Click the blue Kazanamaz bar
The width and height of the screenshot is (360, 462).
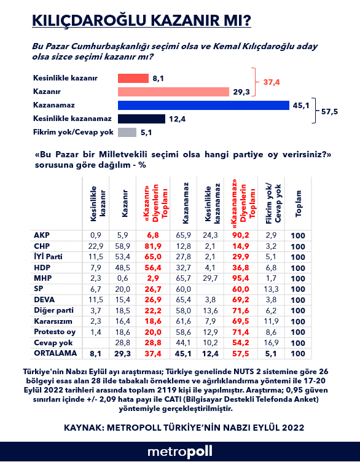[203, 105]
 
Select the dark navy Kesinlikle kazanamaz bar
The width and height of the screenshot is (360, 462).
[141, 119]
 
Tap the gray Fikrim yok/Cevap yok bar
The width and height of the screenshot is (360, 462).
[127, 132]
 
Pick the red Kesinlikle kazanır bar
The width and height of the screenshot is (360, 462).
[133, 79]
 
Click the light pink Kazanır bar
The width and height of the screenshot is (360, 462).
[173, 92]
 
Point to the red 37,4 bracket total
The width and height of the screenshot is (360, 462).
[272, 82]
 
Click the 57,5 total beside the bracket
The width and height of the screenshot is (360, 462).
[330, 112]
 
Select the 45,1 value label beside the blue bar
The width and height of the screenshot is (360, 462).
[301, 106]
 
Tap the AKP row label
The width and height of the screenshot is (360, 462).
[42, 235]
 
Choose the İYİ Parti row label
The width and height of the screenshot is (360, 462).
[48, 257]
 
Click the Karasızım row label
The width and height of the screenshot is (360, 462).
[53, 321]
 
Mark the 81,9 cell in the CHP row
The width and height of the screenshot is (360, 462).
[153, 246]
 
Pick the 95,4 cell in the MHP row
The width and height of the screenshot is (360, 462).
[240, 278]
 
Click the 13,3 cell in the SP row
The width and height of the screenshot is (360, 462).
[271, 289]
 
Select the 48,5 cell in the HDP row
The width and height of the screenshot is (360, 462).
[122, 268]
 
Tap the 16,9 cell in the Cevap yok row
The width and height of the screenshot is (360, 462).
[271, 343]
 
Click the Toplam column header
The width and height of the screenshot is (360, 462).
[299, 203]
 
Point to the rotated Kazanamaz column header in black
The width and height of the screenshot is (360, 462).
[186, 203]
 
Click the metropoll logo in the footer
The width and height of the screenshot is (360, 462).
[180, 452]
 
